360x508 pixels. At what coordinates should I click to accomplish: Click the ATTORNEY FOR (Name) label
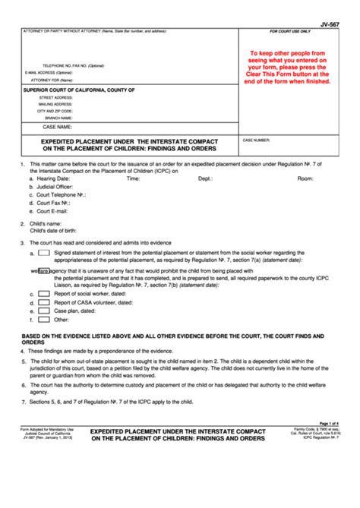47,79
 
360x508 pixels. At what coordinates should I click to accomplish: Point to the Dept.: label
205,178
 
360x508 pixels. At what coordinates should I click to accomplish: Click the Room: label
305,178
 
